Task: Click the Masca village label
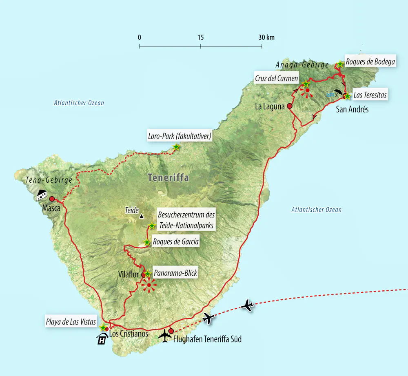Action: point(51,208)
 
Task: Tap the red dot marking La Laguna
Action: point(289,106)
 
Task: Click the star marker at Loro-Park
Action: point(176,147)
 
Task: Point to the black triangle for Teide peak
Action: point(141,216)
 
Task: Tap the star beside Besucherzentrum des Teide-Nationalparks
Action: point(152,226)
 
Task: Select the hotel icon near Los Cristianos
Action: point(101,339)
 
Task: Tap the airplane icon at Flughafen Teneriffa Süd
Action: point(165,336)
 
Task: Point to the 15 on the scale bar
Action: point(200,37)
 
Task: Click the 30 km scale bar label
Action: point(266,37)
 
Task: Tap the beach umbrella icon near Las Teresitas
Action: point(338,93)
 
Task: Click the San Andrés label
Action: point(352,109)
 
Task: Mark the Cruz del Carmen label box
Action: point(276,78)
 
